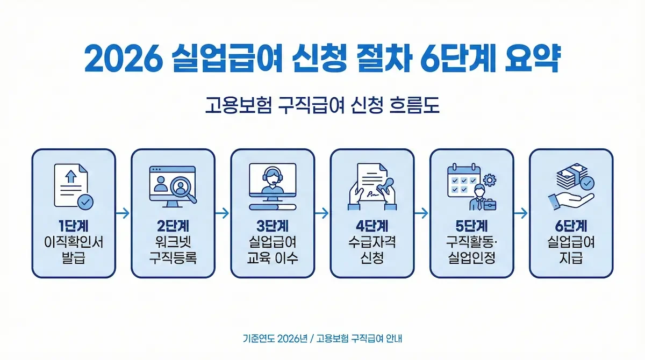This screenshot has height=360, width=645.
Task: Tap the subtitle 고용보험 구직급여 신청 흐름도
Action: point(322,106)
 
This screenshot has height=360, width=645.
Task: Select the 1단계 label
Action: point(73,226)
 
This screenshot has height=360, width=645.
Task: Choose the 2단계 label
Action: point(173,226)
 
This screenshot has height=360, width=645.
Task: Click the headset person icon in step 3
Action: point(273,182)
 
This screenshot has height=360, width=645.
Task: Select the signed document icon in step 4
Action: point(372,186)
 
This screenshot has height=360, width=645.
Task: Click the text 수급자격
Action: point(372,242)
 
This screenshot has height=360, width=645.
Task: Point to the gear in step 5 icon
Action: point(489,179)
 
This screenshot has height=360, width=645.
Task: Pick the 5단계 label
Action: point(471,226)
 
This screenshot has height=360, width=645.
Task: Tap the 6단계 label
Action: point(571,226)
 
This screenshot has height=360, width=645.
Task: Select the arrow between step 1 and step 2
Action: point(123,213)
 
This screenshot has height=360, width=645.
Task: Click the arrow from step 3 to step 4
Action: point(322,213)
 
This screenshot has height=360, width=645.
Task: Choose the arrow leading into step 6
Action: point(521,213)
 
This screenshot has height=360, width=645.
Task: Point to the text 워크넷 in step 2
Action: point(173,242)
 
